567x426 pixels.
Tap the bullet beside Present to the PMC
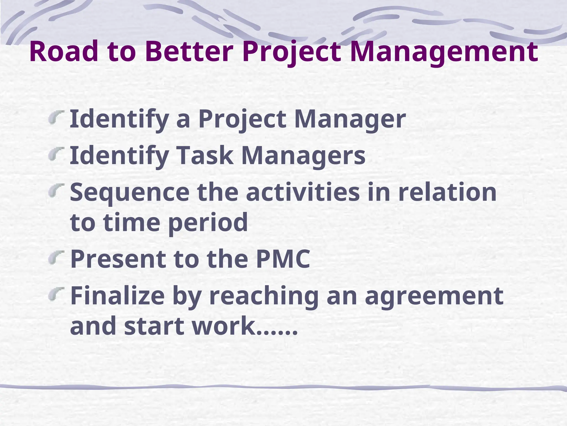[56, 257]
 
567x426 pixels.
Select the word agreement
[434, 296]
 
